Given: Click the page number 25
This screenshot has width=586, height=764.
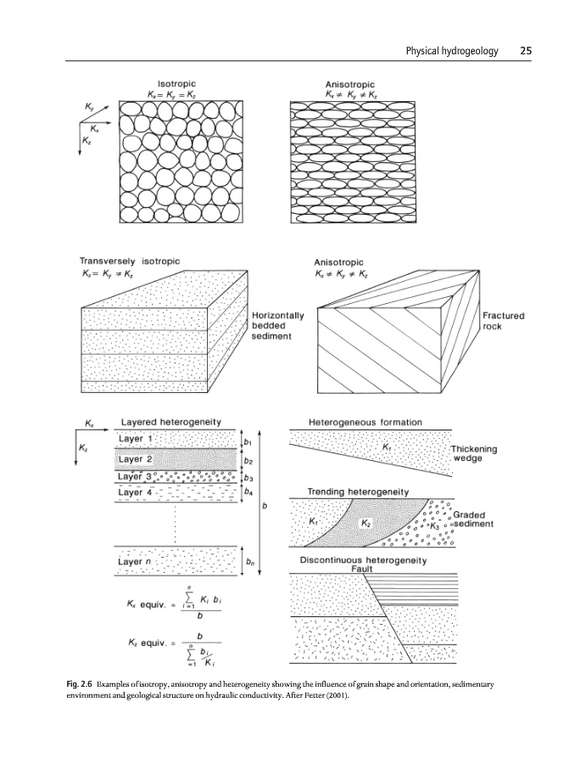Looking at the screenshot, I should tap(525, 51).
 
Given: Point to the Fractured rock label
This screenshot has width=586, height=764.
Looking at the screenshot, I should tap(503, 321).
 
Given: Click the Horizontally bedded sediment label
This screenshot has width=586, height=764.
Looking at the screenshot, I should tap(277, 326).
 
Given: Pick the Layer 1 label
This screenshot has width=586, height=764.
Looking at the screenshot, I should tap(136, 438).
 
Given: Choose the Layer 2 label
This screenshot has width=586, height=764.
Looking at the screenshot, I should tap(136, 459).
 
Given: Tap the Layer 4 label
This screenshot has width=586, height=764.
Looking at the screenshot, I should tap(136, 492).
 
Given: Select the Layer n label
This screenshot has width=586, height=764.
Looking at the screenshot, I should tap(136, 562).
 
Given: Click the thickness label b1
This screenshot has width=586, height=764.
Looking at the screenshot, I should tap(248, 442).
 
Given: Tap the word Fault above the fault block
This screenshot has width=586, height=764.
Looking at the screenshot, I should tap(362, 569).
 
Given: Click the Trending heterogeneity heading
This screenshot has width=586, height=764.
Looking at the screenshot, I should tap(357, 492).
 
